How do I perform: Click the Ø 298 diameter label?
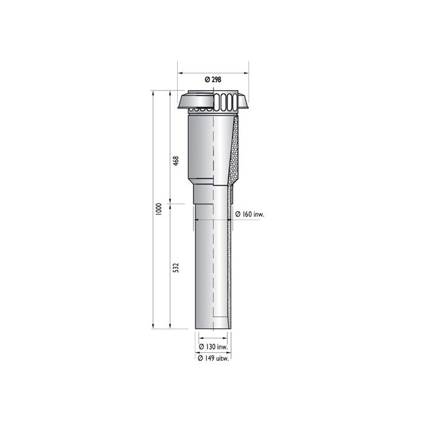(x=212, y=79)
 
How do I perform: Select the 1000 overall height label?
(x=158, y=209)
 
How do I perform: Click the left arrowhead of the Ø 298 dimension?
(x=178, y=72)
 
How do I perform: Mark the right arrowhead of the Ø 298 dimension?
(x=248, y=72)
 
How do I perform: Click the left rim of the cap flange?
(x=179, y=108)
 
